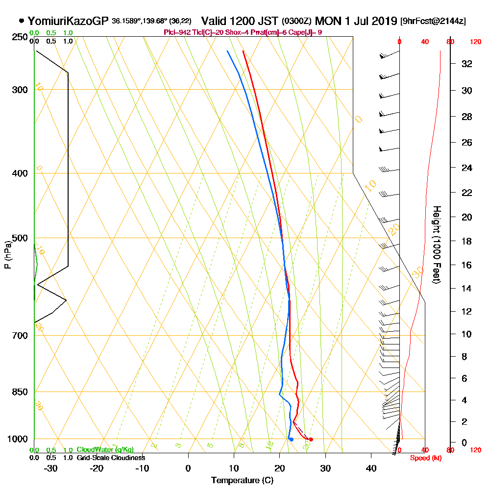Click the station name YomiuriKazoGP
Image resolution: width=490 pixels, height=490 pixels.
tap(68, 21)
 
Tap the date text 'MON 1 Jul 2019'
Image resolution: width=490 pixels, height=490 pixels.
tap(356, 21)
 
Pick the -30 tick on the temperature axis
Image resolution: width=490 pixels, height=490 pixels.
tap(51, 468)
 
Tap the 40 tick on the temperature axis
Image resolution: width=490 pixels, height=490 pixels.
tap(371, 468)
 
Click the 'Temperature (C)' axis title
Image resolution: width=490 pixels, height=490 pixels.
tap(242, 481)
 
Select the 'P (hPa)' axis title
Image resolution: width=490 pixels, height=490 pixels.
tap(7, 254)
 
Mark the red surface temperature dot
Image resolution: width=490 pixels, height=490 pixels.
tap(311, 440)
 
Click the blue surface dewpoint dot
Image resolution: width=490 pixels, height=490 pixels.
tap(291, 439)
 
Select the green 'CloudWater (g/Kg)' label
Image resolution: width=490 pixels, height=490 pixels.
tap(105, 450)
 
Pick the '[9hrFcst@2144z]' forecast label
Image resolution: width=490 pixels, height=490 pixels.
tap(433, 21)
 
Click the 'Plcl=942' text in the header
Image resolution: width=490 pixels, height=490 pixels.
tap(177, 32)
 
